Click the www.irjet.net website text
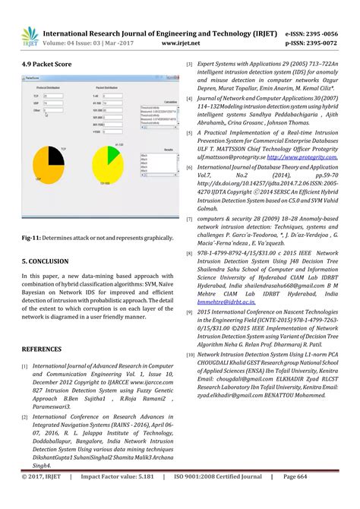tap(184, 44)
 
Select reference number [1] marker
tap(26, 365)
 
